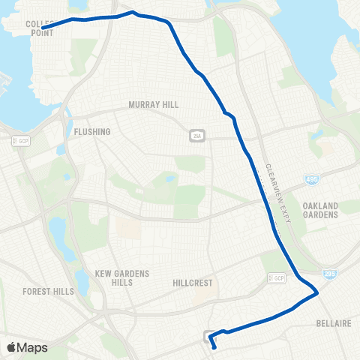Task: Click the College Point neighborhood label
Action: tap(39, 28)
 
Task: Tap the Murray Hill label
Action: tap(148, 105)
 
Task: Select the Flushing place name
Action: tap(92, 132)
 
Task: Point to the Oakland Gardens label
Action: tap(320, 209)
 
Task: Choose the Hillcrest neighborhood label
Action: tap(193, 283)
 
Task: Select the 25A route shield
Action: tap(196, 136)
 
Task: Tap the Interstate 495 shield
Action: tap(311, 178)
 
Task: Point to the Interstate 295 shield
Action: tap(328, 274)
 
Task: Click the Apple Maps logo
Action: tap(27, 347)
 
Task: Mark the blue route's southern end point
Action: tap(214, 347)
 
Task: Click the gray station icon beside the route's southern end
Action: tap(208, 336)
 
